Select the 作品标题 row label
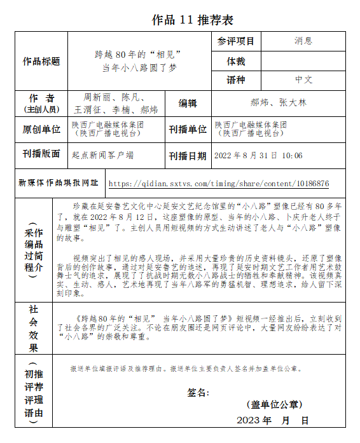(x=41, y=62)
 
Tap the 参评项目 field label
(x=235, y=41)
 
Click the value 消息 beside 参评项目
(x=303, y=41)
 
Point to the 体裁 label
(x=235, y=62)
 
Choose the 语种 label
(x=235, y=80)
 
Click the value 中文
(x=303, y=80)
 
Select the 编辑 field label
(x=188, y=104)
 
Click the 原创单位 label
(x=41, y=130)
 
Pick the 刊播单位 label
(x=188, y=130)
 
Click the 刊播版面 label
(x=41, y=154)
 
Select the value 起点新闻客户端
(x=102, y=154)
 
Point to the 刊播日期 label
(x=188, y=156)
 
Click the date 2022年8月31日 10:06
(x=258, y=156)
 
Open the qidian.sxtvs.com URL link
(x=219, y=184)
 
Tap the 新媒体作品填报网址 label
(x=59, y=183)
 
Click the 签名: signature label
(x=198, y=392)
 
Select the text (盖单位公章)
(x=274, y=405)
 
